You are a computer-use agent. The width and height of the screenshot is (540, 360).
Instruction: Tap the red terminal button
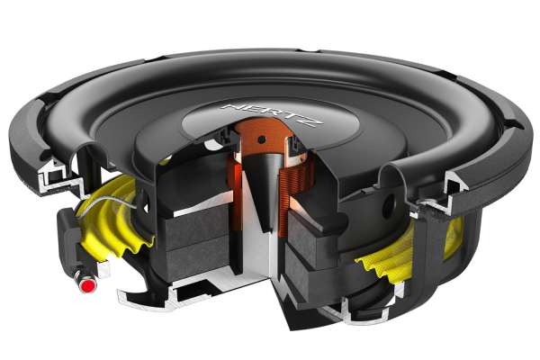(88, 285)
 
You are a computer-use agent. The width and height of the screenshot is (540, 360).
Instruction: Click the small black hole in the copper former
(262, 139)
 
